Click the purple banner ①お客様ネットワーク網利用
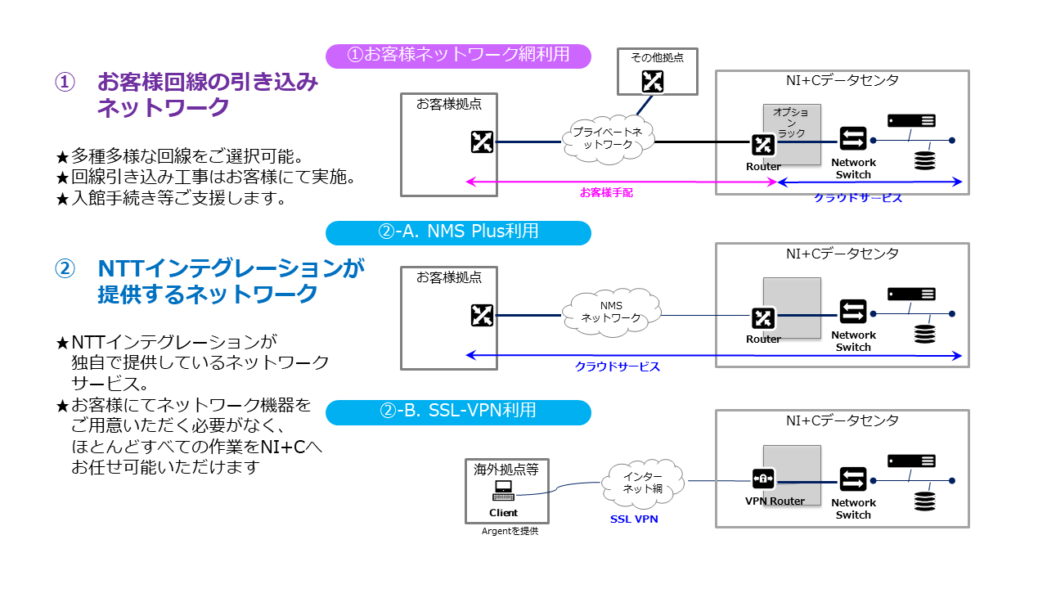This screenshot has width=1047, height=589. pyautogui.click(x=458, y=56)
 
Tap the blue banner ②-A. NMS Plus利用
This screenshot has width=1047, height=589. pyautogui.click(x=458, y=232)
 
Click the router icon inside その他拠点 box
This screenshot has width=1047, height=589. pyautogui.click(x=653, y=80)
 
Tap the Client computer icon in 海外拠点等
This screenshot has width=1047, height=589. pyautogui.click(x=503, y=491)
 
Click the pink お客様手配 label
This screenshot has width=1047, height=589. pyautogui.click(x=606, y=193)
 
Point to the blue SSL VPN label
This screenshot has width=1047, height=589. pyautogui.click(x=634, y=519)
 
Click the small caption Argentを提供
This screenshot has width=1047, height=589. pyautogui.click(x=510, y=532)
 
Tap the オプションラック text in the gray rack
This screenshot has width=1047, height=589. pyautogui.click(x=791, y=122)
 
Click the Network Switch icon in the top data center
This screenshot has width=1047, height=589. pyautogui.click(x=853, y=140)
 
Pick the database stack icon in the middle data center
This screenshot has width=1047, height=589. pyautogui.click(x=924, y=334)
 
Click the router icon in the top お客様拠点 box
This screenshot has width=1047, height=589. pyautogui.click(x=482, y=142)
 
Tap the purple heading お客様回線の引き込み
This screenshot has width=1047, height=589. pyautogui.click(x=208, y=83)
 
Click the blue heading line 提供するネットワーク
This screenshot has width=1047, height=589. pyautogui.click(x=208, y=294)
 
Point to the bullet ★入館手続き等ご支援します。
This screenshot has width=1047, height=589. pyautogui.click(x=170, y=199)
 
